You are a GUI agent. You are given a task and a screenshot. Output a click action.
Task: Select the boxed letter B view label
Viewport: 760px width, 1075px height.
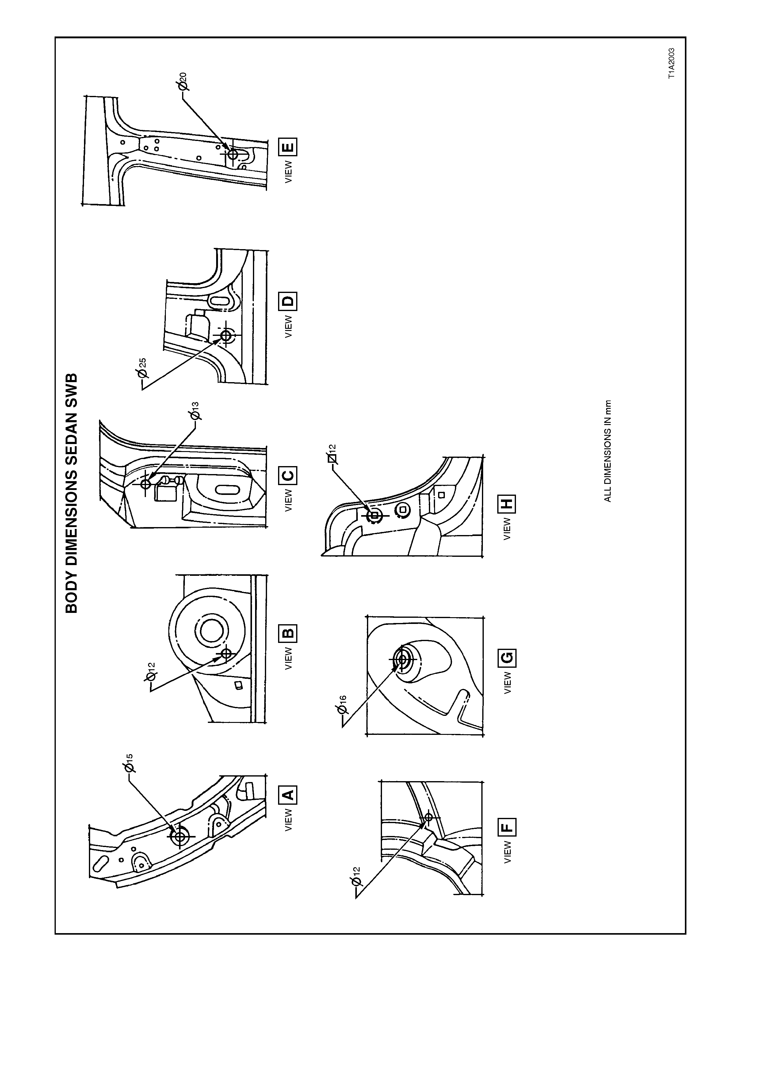point(288,634)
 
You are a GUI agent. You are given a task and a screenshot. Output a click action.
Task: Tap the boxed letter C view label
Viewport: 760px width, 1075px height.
point(288,476)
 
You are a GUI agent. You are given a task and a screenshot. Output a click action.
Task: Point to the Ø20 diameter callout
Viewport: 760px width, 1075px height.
point(182,82)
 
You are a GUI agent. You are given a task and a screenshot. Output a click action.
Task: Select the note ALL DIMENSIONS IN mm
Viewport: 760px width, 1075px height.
point(608,450)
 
